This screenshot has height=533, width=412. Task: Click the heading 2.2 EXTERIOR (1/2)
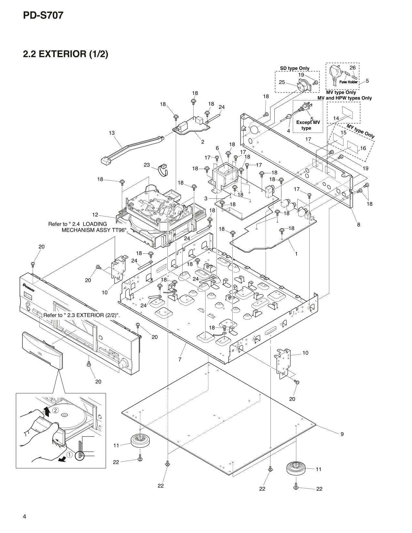pos(65,54)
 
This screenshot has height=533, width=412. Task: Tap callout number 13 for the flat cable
pos(112,133)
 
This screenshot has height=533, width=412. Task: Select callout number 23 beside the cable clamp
pos(147,165)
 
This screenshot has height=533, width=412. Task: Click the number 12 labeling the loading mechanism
pos(95,215)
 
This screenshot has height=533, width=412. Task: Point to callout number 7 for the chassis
pos(180,359)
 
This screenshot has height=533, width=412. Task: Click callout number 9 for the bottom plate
pos(342,434)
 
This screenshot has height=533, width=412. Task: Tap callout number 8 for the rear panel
pos(358,224)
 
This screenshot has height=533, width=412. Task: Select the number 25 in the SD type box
pos(282,82)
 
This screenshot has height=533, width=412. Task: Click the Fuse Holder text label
pos(348,82)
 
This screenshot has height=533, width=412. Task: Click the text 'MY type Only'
pos(361,131)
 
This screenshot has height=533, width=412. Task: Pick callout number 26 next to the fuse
pos(353,68)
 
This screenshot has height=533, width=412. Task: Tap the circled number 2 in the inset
pos(55,410)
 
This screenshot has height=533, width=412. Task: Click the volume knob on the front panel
pos(123,364)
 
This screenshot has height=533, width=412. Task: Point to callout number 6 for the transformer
pos(217,148)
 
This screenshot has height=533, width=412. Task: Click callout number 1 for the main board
pos(296,254)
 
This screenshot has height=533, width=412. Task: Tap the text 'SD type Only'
pos(294,68)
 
